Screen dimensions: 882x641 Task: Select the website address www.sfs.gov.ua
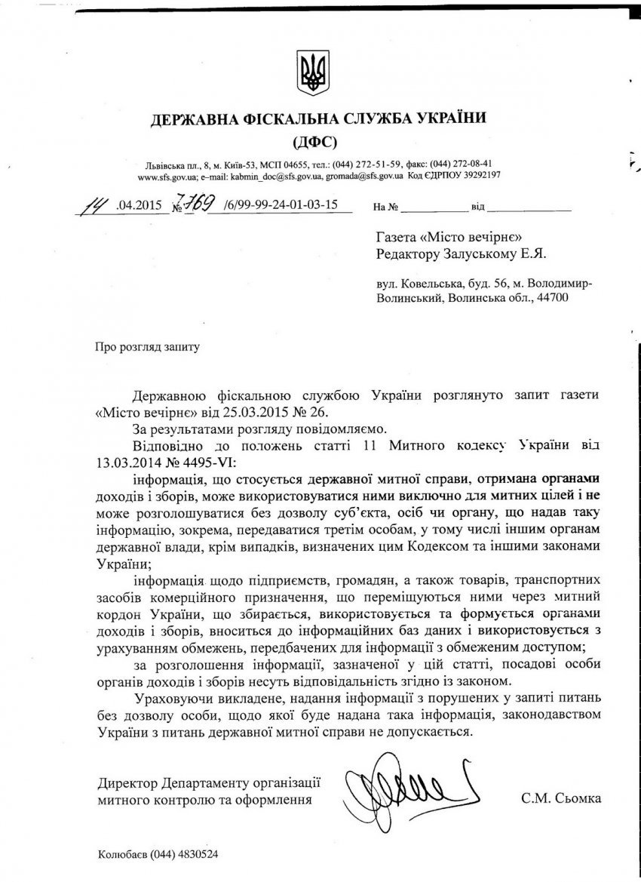[x=167, y=175]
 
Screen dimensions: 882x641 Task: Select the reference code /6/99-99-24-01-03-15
[x=275, y=204]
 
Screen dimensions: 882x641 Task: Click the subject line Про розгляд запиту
[x=148, y=348]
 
